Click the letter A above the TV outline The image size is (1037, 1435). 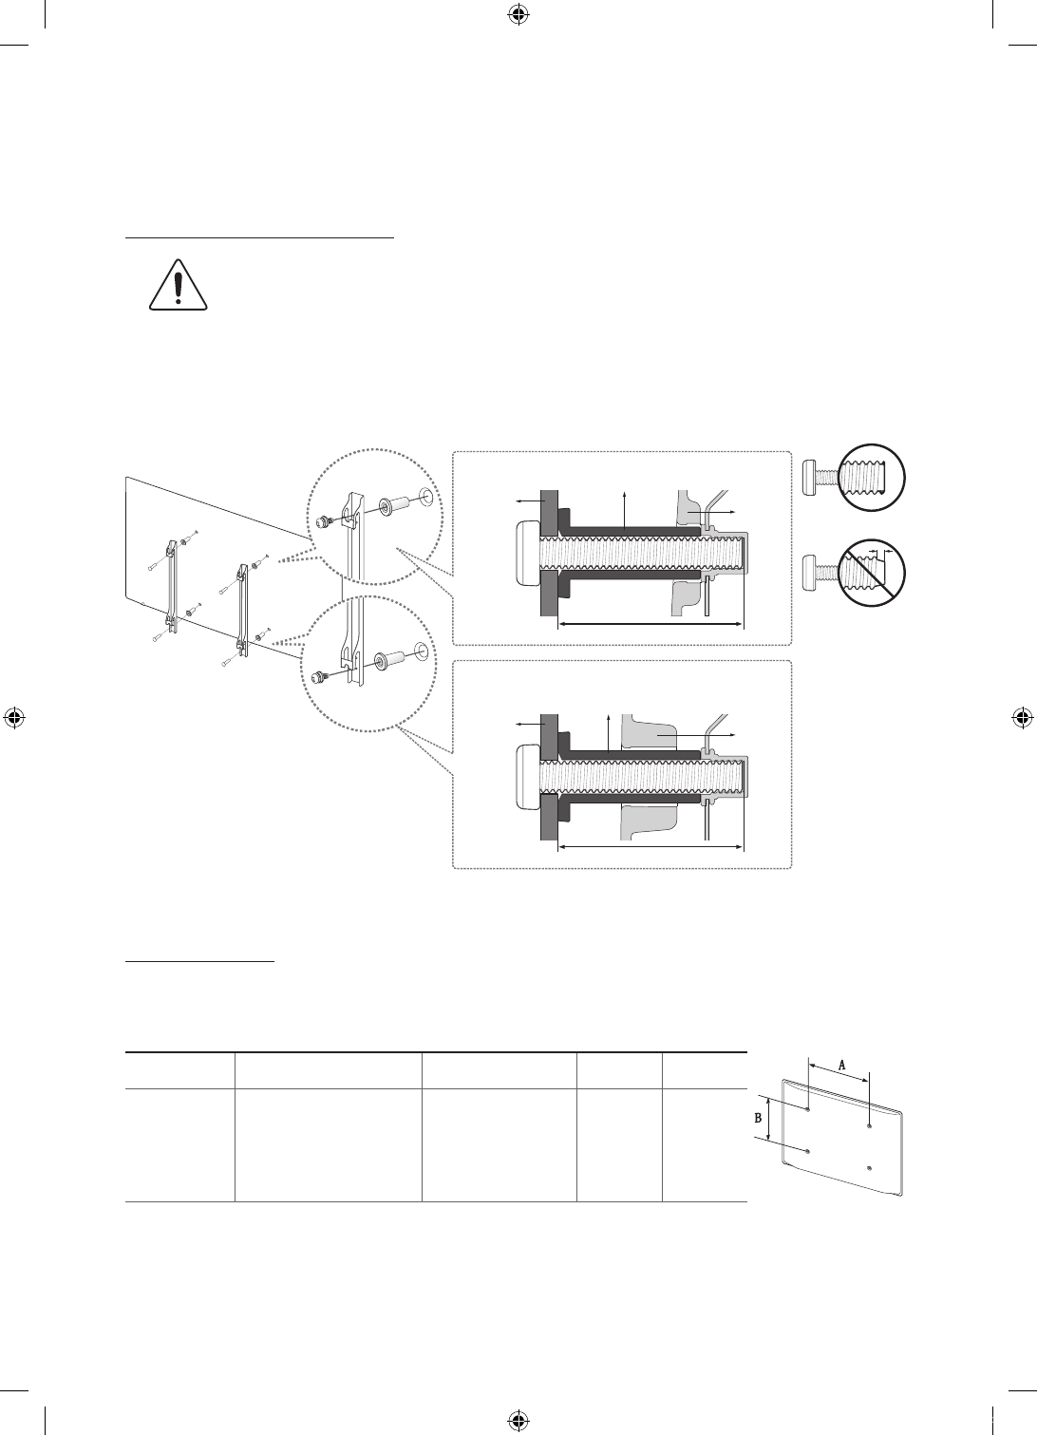pos(842,1065)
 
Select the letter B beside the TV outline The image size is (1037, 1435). pos(759,1117)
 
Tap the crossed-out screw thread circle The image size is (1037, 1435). pos(871,573)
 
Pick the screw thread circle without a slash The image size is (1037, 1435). pos(871,478)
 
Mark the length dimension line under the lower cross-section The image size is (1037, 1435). pos(650,847)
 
